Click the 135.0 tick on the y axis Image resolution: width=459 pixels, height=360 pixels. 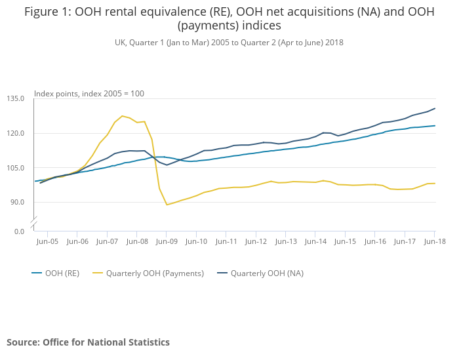[15, 99]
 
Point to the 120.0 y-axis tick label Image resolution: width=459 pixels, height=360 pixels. [15, 133]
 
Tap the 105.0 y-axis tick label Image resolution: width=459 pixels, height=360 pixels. [15, 167]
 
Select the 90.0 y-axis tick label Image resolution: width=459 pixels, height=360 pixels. [17, 201]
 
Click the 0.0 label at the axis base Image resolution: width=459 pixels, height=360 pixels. [18, 231]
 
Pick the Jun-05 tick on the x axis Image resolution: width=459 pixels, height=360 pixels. [47, 241]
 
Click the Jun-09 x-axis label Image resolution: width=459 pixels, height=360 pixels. [167, 241]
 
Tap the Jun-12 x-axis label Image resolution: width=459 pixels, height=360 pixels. [256, 241]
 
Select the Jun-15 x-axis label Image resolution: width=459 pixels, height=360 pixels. [345, 241]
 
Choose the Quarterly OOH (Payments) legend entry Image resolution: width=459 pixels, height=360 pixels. [155, 273]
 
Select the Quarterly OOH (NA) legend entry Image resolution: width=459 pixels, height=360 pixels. [267, 273]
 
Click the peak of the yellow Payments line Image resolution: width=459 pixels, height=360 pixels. [122, 116]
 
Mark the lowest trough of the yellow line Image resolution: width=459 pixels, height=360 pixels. [167, 205]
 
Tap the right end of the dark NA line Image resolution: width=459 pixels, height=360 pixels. [435, 108]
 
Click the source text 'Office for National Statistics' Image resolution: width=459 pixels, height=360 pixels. [106, 342]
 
